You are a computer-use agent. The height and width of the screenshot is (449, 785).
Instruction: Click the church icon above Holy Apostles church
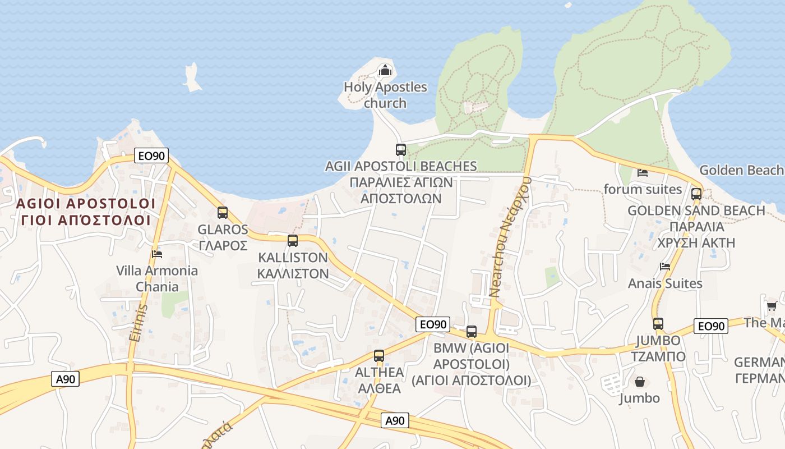pyautogui.click(x=385, y=70)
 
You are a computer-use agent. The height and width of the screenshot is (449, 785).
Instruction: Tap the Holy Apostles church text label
pyautogui.click(x=385, y=95)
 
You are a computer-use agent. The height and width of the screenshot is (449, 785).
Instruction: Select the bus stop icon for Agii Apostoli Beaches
pyautogui.click(x=400, y=150)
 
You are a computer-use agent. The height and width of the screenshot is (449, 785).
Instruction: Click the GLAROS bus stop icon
pyautogui.click(x=223, y=213)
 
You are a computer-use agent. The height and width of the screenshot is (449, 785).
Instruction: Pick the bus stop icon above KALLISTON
pyautogui.click(x=292, y=241)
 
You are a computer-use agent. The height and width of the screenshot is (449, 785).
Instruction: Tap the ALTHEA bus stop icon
pyautogui.click(x=379, y=355)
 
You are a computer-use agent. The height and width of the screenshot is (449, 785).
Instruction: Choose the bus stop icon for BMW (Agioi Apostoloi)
pyautogui.click(x=471, y=332)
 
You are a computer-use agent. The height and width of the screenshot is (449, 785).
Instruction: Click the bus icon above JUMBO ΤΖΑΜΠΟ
pyautogui.click(x=658, y=324)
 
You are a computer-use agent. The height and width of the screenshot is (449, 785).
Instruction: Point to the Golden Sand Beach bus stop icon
pyautogui.click(x=696, y=194)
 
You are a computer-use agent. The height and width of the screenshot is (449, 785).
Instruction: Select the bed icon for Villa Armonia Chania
pyautogui.click(x=157, y=254)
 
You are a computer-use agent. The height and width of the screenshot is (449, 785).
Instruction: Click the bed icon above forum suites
pyautogui.click(x=643, y=172)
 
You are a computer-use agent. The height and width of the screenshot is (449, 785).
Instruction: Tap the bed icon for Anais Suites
pyautogui.click(x=665, y=267)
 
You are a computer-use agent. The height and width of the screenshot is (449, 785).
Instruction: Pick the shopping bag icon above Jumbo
pyautogui.click(x=639, y=382)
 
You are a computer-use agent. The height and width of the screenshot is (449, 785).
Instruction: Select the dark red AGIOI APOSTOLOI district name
pyautogui.click(x=85, y=211)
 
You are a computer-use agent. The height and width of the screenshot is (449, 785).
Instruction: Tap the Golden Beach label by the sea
pyautogui.click(x=741, y=170)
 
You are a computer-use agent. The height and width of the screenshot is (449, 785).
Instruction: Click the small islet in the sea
pyautogui.click(x=192, y=78)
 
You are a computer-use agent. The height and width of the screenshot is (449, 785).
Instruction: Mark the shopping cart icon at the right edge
pyautogui.click(x=772, y=306)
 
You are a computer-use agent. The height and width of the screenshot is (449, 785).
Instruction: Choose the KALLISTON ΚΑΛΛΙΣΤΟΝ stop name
pyautogui.click(x=292, y=265)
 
